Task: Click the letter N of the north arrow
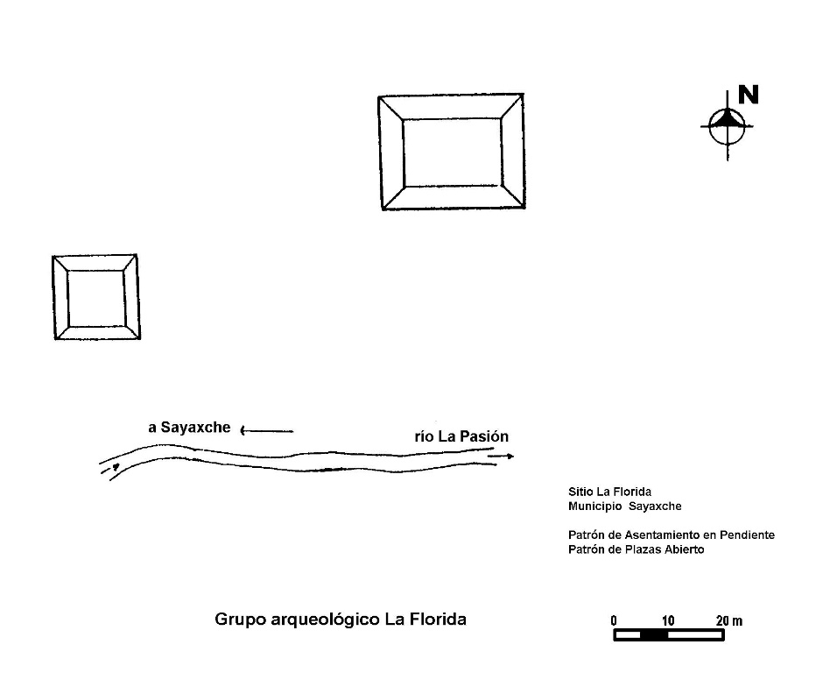[748, 95]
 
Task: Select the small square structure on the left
[53, 297]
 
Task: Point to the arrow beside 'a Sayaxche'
[266, 430]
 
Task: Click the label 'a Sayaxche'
[189, 428]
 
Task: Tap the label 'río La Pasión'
[461, 436]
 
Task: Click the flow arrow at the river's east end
[501, 457]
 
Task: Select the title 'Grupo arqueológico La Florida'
[341, 620]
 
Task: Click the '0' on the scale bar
[614, 620]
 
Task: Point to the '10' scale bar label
[668, 620]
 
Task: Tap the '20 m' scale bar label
[729, 620]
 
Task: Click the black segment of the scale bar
[654, 635]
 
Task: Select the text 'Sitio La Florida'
[609, 492]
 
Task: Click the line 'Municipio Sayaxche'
[624, 506]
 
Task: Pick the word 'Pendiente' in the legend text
[747, 535]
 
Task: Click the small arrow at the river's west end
[110, 469]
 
